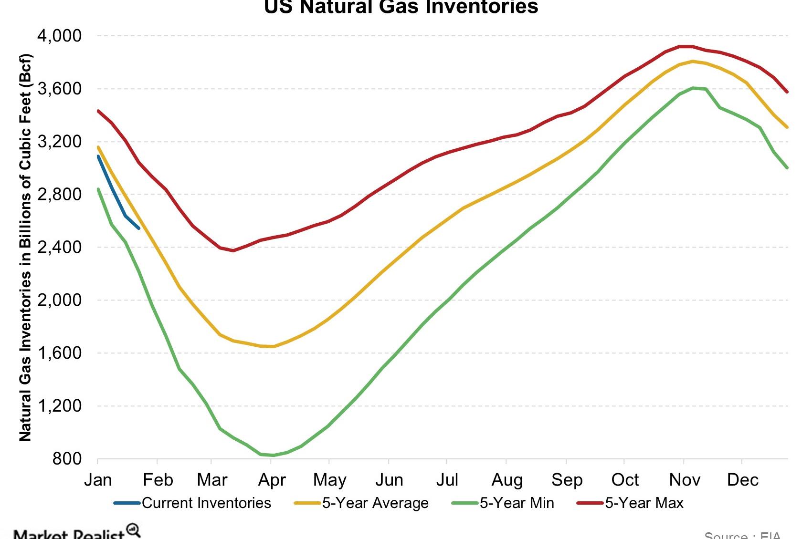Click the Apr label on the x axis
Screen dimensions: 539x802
[272, 480]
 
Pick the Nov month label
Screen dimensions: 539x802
[685, 480]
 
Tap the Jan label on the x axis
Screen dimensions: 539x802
[98, 480]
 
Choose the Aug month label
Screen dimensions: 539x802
[507, 480]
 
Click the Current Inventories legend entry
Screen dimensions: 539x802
[206, 503]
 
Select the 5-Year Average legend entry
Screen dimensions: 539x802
[375, 503]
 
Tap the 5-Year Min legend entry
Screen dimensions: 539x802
[517, 503]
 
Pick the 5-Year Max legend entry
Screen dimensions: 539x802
[644, 503]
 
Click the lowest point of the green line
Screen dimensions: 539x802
[273, 456]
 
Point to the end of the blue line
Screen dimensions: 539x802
[139, 228]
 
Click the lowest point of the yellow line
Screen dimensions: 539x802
[273, 347]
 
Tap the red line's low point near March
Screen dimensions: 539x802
[233, 250]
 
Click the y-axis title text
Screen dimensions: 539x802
[25, 248]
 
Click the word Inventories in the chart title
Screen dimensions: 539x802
[482, 7]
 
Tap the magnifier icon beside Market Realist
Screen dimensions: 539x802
[133, 530]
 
